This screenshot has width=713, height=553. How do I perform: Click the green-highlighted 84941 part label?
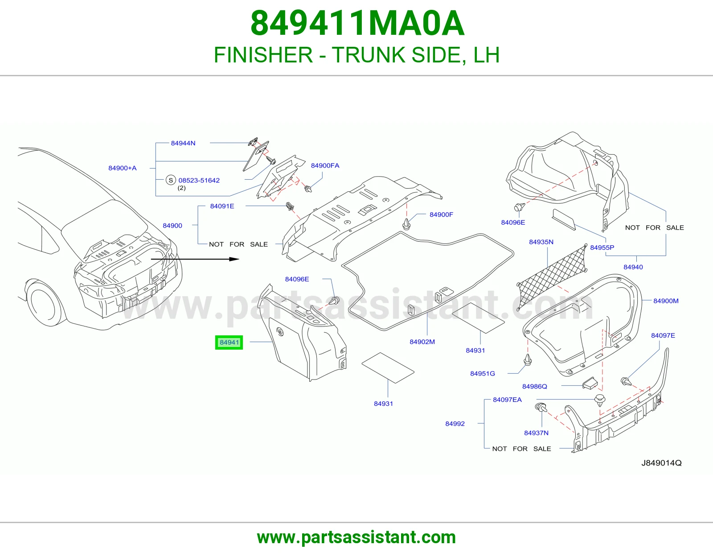coord(229,343)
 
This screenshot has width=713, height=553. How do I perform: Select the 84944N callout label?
coord(183,143)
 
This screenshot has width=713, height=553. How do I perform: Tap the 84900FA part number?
coord(325,165)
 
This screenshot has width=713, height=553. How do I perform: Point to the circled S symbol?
coord(171,180)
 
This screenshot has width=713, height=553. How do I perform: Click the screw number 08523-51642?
coord(199,180)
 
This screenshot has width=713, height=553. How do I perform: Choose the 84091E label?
coord(222,206)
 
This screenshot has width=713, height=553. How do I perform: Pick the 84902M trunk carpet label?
coord(422,342)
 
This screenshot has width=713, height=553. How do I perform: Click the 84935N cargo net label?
coord(541,242)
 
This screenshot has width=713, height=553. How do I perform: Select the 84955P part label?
coord(602,248)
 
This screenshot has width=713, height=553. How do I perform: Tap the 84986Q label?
coord(534,387)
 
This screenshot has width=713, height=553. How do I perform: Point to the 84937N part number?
coord(536,433)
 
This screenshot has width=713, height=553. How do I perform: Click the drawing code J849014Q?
coord(661,463)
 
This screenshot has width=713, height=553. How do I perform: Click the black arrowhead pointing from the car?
coord(234,259)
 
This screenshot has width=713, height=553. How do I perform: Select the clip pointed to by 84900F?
coord(406,224)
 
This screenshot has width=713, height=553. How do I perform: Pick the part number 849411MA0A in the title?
coord(357,23)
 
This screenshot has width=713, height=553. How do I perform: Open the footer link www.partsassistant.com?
coord(356,537)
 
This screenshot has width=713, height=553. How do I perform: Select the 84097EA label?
coord(507,400)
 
